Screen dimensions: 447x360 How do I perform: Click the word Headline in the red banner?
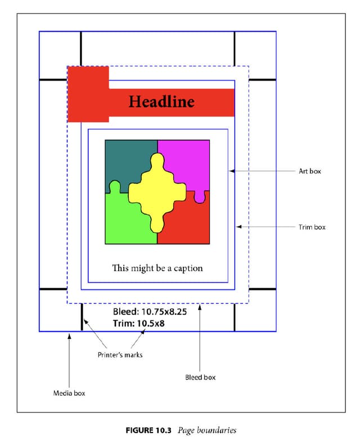(x=161, y=102)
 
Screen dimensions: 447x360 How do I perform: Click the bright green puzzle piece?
(x=124, y=222)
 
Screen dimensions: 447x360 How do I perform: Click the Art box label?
(x=309, y=171)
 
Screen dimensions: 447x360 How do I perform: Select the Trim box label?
(x=312, y=227)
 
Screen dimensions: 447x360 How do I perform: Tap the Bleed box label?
(x=200, y=377)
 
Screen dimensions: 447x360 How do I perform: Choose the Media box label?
(x=69, y=393)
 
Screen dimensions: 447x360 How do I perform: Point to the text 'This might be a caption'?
(x=157, y=268)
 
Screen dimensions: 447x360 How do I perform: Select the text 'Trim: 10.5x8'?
(x=139, y=324)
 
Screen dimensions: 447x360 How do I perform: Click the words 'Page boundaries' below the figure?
(x=207, y=431)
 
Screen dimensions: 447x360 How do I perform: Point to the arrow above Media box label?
(x=69, y=360)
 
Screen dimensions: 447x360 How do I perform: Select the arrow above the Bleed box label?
(x=201, y=338)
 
